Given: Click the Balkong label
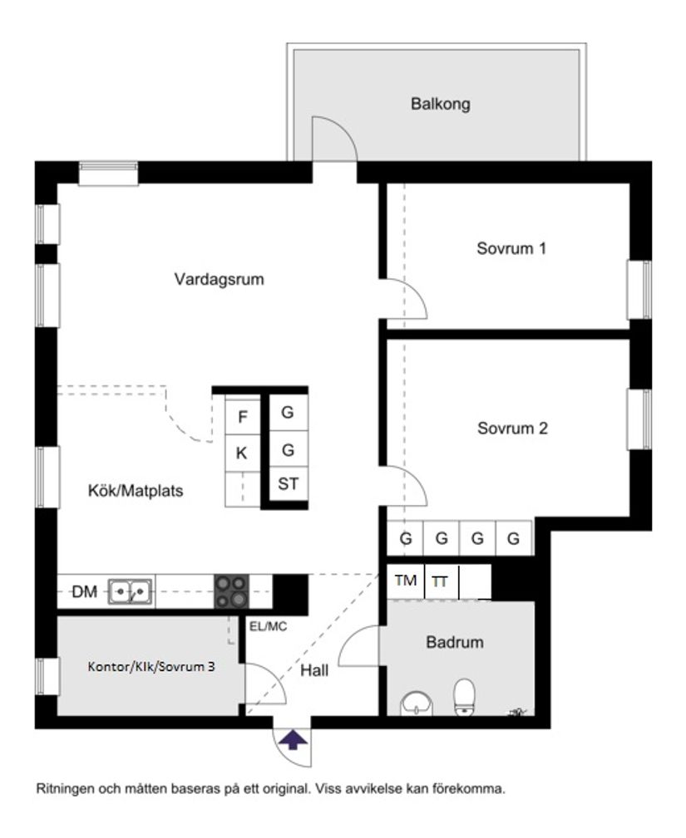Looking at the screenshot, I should [440, 105].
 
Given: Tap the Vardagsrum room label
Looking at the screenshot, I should [219, 279].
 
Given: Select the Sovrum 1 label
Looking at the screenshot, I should [511, 247].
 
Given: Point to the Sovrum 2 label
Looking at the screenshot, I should [512, 429].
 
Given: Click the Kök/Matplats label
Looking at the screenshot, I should [136, 491].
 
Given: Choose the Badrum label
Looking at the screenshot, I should [455, 642].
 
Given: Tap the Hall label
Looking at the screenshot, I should [314, 670].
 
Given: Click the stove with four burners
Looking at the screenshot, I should [232, 592].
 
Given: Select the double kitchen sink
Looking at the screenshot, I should [131, 591].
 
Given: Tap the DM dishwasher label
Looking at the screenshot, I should [84, 591].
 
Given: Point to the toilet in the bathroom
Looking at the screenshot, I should [464, 696].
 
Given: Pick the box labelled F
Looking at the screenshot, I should [243, 416].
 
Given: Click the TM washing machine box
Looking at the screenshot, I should [405, 581].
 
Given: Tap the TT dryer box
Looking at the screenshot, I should [440, 582].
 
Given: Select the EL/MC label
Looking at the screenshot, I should [268, 626].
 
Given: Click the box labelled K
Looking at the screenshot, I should [242, 453].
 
